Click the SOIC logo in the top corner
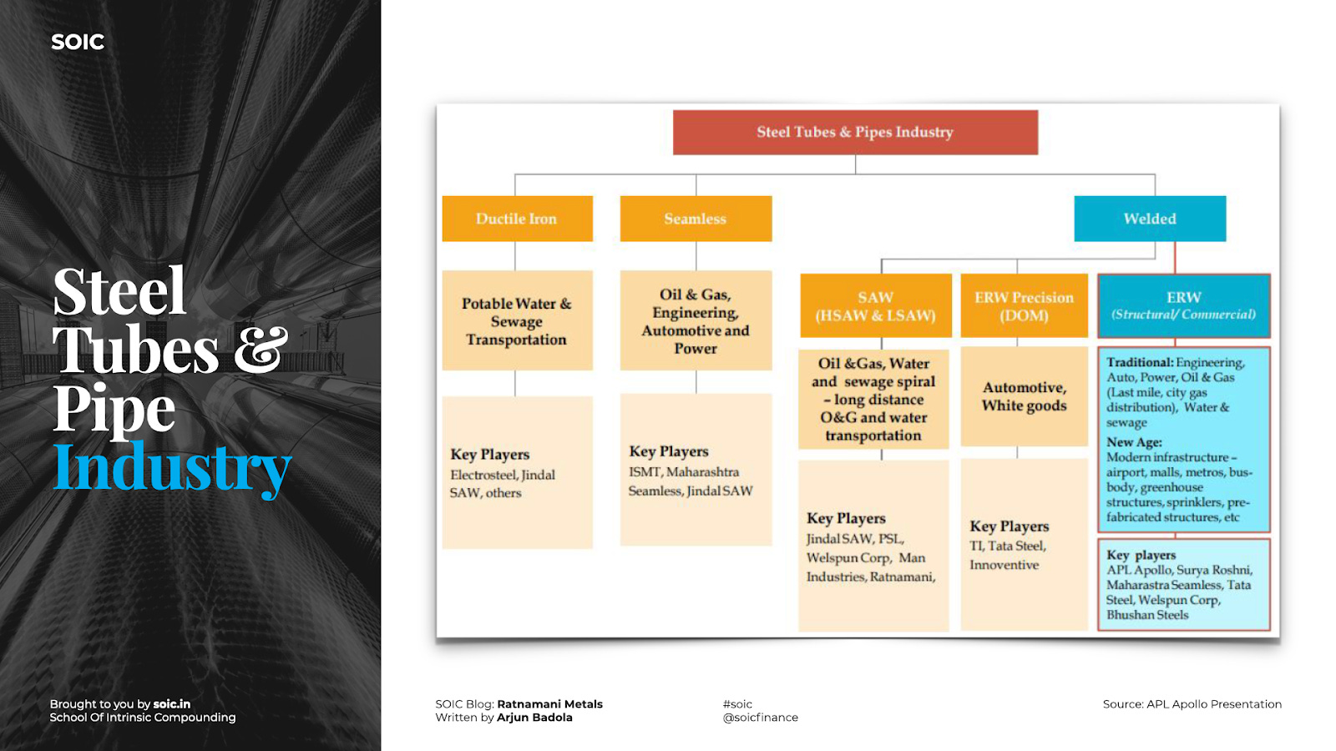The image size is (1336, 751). pos(78,42)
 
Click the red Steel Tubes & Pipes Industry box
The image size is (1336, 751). pos(855,133)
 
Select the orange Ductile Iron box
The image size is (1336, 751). pos(517,219)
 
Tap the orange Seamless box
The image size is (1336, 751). pos(696,219)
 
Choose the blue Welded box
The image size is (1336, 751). pos(1150,219)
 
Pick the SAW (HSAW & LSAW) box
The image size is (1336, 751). pos(875,306)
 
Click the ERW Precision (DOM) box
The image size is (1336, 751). pos(1024,306)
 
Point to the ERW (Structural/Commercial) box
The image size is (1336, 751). pos(1183,305)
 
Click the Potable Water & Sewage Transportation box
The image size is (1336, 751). pos(517,321)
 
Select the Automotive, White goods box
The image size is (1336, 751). pos(1024,396)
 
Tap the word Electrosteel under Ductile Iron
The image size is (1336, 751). pos(483,475)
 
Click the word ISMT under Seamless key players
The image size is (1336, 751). pos(644,472)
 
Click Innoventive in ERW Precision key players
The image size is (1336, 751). pos(1004,565)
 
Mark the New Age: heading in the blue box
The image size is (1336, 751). pos(1134,442)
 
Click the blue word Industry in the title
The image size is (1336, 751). pos(172,469)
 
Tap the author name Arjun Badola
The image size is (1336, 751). pos(534,718)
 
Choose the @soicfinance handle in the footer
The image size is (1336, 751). pos(760,718)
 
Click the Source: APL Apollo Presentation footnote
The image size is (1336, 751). pos(1192,704)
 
